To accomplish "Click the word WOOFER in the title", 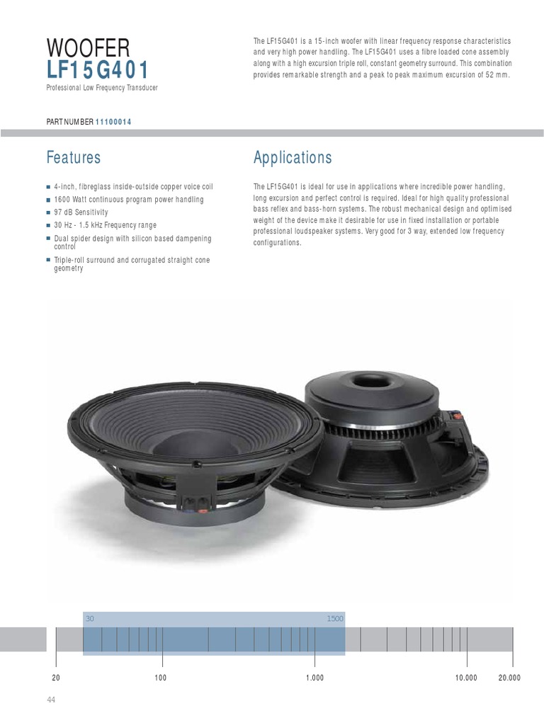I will click(88, 48).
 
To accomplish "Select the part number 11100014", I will click(113, 122).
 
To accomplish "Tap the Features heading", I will click(73, 157).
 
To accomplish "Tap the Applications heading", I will click(292, 157).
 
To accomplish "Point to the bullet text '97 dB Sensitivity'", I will click(81, 212).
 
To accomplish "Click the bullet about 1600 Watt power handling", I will click(128, 200).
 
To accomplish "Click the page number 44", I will click(50, 700).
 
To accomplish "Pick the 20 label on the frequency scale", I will click(57, 678).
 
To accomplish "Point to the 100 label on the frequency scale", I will click(160, 678).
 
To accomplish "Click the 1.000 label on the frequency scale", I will click(314, 678).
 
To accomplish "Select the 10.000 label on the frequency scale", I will click(466, 678).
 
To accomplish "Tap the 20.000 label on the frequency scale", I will click(509, 678).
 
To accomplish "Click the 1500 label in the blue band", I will click(335, 619).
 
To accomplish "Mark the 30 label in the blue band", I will click(90, 619).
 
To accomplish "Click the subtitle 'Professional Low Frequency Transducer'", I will click(102, 89).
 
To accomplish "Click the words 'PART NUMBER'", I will click(69, 122).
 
